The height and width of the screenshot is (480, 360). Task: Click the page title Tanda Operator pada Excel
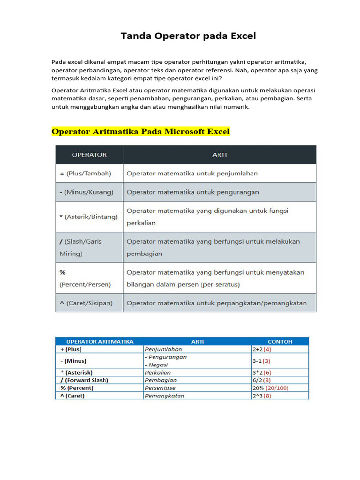(x=188, y=36)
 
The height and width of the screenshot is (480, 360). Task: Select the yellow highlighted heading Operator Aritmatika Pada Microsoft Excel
(x=141, y=132)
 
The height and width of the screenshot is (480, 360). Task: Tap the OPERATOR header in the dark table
(x=89, y=155)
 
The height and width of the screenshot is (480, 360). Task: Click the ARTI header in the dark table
(x=219, y=155)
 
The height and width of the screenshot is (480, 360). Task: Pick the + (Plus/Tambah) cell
(x=85, y=173)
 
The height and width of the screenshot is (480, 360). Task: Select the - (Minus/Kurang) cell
(x=86, y=192)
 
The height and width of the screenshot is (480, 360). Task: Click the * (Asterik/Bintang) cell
(x=89, y=217)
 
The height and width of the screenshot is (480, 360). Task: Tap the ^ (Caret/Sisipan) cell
(x=86, y=303)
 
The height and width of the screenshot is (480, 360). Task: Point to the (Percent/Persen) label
(x=85, y=285)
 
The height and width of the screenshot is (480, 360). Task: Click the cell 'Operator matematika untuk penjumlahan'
(x=192, y=173)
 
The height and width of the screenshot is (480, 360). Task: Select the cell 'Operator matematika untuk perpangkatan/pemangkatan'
(x=217, y=303)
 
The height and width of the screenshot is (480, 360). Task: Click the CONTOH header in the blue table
(x=280, y=342)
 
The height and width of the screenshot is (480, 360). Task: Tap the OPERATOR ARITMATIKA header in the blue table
(x=100, y=342)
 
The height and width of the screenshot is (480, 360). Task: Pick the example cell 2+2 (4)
(x=262, y=349)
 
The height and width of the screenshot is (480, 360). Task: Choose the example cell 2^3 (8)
(x=262, y=396)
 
